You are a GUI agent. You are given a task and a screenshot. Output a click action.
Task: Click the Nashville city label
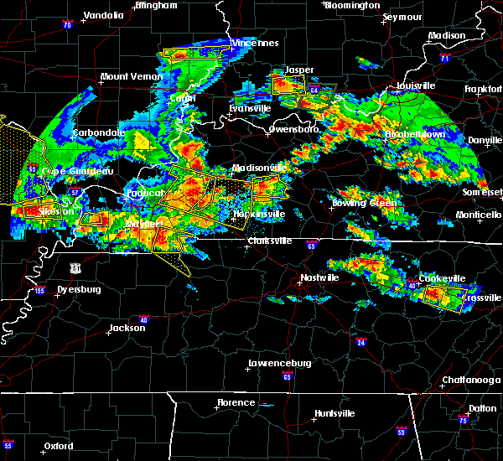click(319, 277)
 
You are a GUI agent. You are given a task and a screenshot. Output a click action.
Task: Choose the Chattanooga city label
click(466, 381)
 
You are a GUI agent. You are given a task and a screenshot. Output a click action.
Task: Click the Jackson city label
click(127, 328)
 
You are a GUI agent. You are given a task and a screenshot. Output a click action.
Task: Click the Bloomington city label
click(352, 5)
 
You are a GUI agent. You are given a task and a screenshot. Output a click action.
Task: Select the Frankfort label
click(484, 89)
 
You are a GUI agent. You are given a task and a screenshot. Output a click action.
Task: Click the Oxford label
click(60, 446)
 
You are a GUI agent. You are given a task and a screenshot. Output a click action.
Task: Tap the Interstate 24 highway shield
click(361, 343)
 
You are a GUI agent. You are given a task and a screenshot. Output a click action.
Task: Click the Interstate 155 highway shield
click(39, 291)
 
